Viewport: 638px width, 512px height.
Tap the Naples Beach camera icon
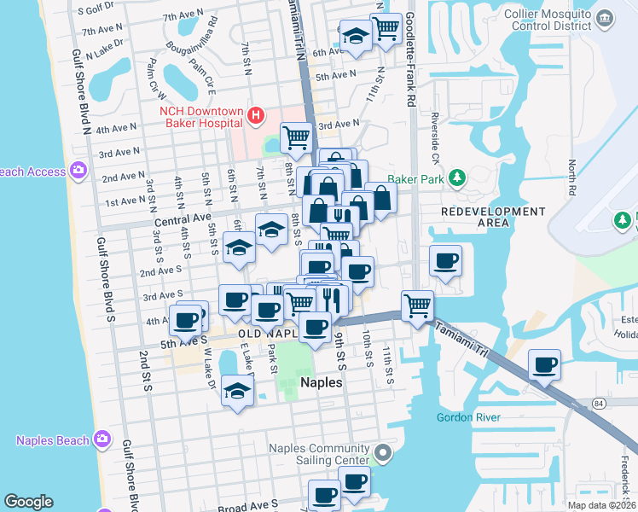pyautogui.click(x=102, y=439)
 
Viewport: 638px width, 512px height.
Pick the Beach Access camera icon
pyautogui.click(x=78, y=172)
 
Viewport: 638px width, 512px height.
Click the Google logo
pyautogui.click(x=28, y=502)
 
